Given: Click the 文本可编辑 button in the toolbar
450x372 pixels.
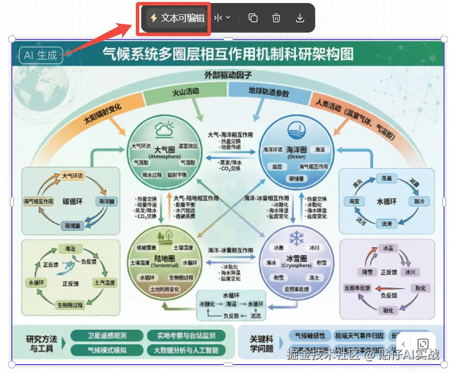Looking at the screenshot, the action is [177, 18].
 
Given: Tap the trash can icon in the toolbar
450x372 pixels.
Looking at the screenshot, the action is [276, 18].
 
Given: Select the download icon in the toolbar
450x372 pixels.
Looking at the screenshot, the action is [299, 18].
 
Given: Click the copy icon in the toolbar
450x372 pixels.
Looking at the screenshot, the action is [253, 18].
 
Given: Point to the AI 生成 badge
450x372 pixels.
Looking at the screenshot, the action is [41, 55].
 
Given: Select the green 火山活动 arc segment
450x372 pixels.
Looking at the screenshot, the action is [185, 93].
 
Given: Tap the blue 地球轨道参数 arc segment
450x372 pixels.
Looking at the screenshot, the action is [269, 92].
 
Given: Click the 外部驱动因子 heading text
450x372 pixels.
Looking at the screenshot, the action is [228, 76].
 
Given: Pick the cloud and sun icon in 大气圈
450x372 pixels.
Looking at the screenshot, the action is [164, 130].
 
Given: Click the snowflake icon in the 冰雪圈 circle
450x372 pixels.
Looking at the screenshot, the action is [296, 238].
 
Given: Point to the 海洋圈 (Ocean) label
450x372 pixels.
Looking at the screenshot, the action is [297, 152].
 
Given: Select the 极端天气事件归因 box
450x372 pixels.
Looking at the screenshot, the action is [359, 335].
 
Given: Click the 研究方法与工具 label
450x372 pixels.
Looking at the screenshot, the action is [41, 343].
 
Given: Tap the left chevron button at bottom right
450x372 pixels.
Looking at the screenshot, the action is [404, 344].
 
